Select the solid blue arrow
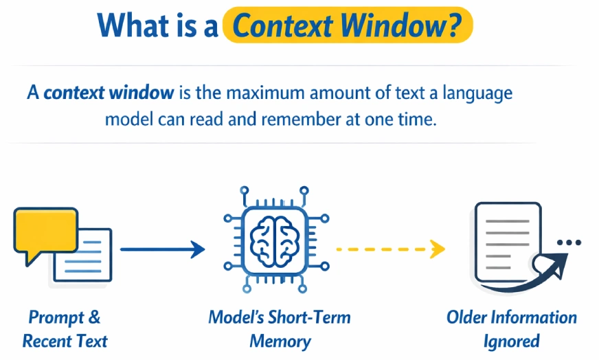point(162,249)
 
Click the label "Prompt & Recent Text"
point(65,328)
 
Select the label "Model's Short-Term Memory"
point(280,328)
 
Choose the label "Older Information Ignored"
point(512,328)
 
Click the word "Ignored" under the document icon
point(512,341)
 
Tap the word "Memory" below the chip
point(280,341)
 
